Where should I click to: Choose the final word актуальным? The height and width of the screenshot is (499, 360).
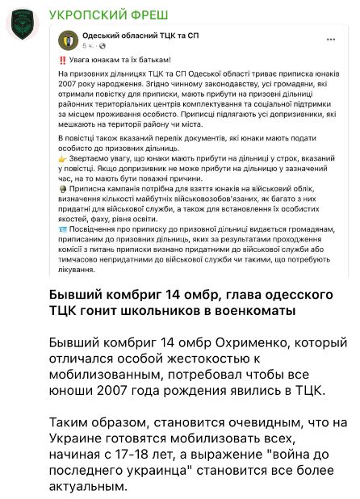click(88, 487)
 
